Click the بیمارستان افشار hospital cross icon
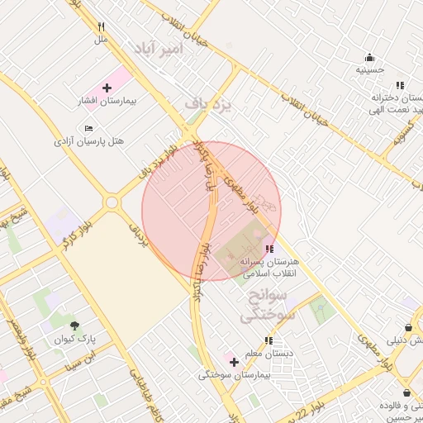point(107,87)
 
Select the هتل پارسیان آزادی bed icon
point(89,128)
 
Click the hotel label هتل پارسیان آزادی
point(89,141)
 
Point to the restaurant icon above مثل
point(101,26)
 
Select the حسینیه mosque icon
point(369,57)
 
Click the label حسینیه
point(369,70)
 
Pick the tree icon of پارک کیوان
point(75,326)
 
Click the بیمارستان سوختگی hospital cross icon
point(235,361)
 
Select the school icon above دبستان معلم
point(269,340)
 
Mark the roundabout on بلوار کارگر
point(111,202)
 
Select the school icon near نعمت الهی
point(400,84)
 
